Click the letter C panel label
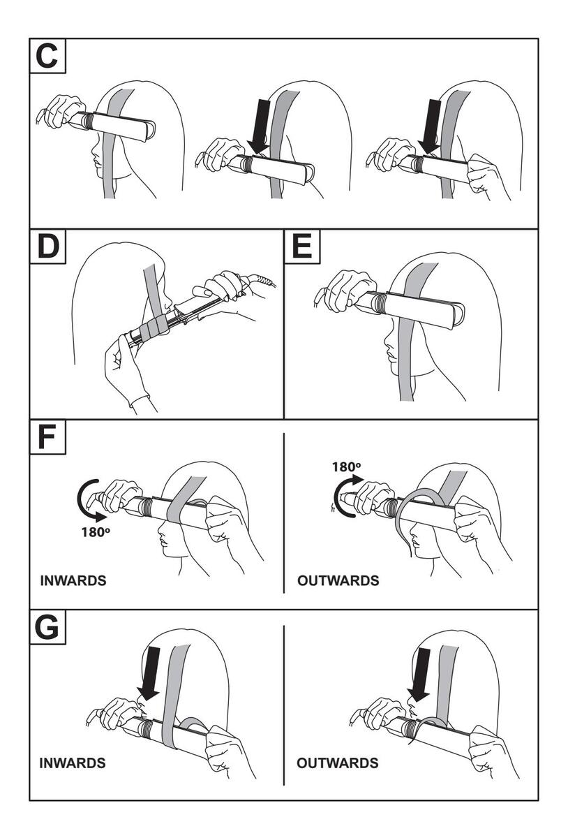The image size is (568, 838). pos(47,57)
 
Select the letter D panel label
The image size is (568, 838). pos(47,247)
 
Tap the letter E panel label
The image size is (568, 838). pos(301,247)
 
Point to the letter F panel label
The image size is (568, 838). pos(47,437)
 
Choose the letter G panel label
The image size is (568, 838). pos(47,628)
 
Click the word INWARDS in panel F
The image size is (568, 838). pos(73,581)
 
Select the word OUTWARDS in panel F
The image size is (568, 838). pos(338,581)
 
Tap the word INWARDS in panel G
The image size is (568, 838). pos(73,763)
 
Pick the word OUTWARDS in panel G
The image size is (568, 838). pos(338,763)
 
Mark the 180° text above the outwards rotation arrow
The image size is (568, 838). pos(346,467)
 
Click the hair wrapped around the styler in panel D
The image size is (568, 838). pos(152,327)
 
